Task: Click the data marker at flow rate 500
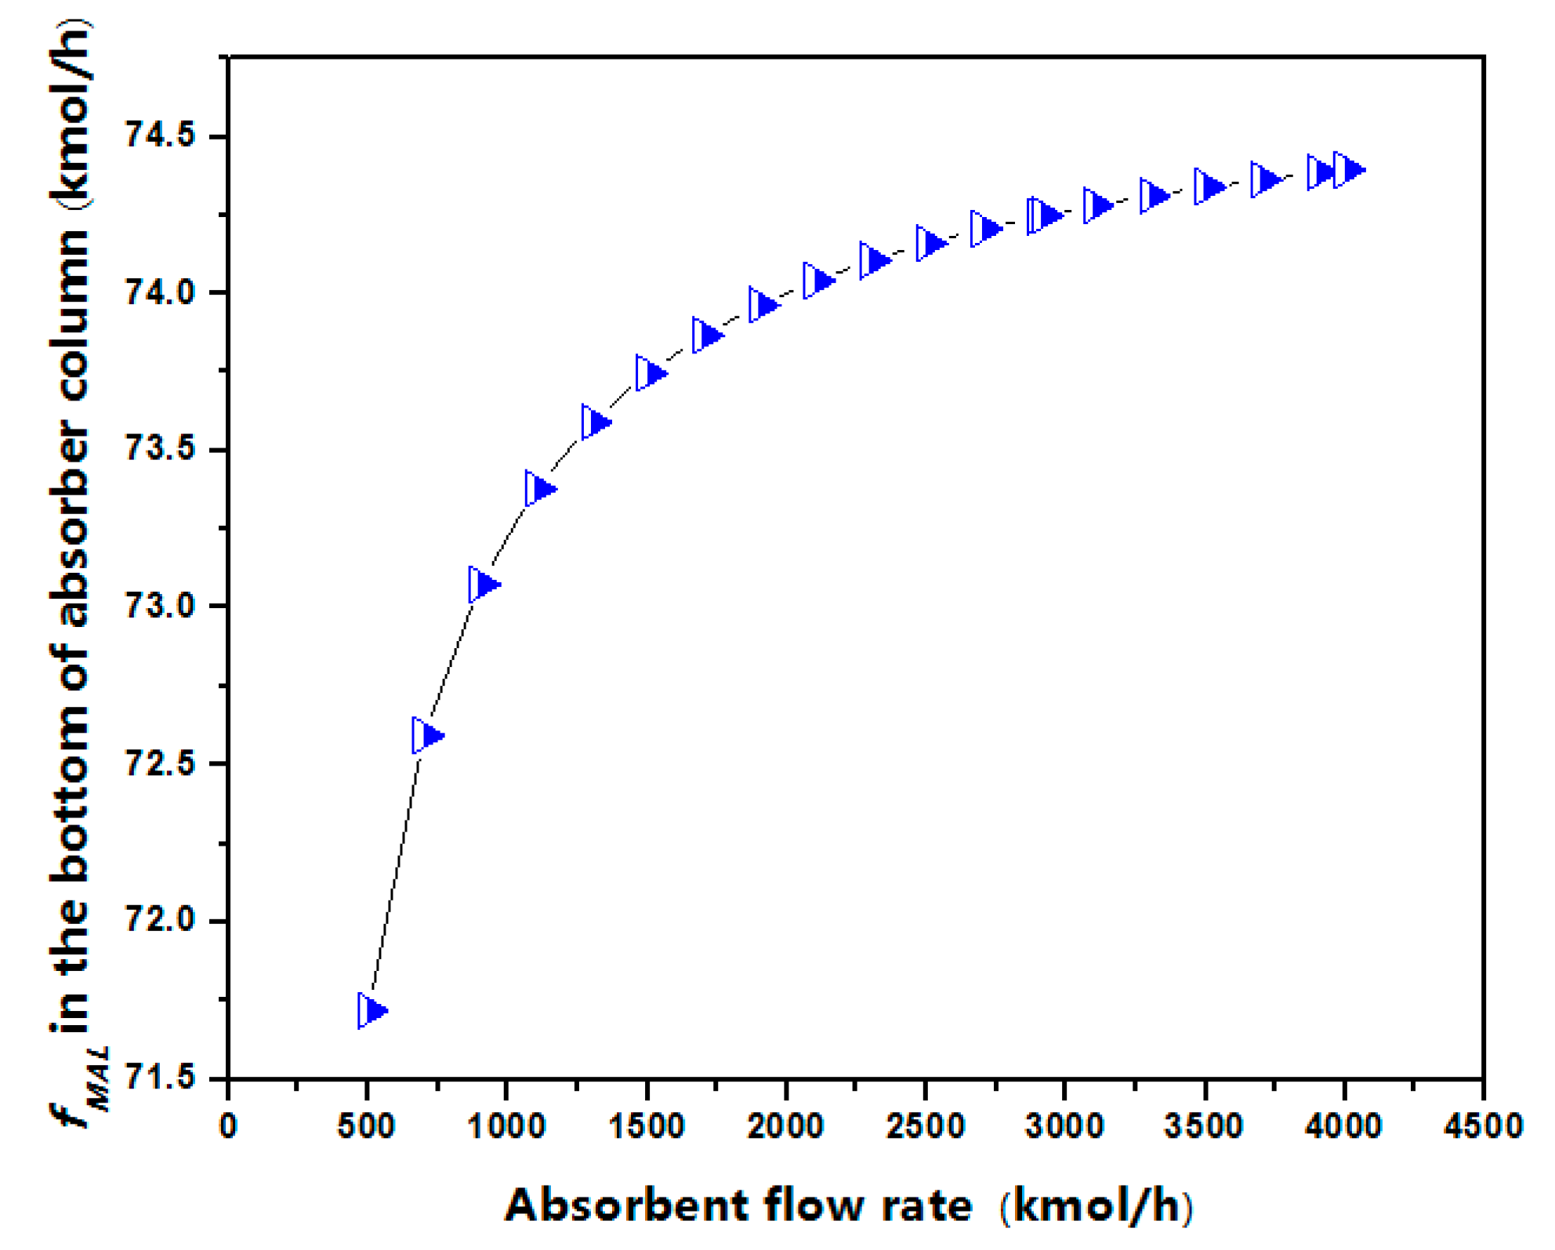(372, 1010)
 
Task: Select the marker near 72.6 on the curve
(427, 735)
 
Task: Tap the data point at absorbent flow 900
(484, 584)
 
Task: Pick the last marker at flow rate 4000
(1348, 169)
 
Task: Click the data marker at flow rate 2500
(931, 243)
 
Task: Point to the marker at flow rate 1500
(651, 372)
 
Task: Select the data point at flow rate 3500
(1209, 187)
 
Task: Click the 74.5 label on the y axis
(159, 136)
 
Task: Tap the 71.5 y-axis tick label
(159, 1078)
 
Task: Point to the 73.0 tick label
(159, 606)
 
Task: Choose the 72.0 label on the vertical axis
(159, 920)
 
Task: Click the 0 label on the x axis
(228, 1126)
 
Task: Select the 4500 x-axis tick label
(1484, 1126)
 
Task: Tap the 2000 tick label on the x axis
(785, 1126)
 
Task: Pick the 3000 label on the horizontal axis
(1064, 1126)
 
